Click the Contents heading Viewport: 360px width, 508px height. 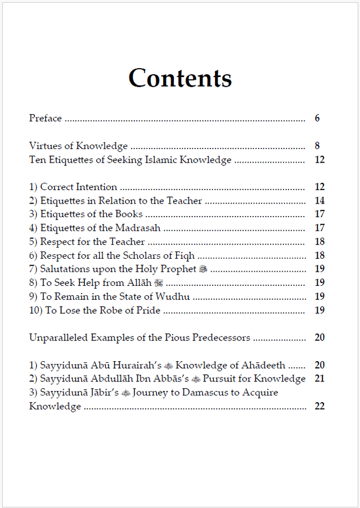180,78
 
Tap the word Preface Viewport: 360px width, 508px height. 46,118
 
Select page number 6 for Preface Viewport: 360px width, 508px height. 317,118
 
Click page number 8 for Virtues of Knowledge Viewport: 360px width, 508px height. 317,146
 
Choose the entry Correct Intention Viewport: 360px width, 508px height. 78,187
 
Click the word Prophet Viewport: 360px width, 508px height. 179,269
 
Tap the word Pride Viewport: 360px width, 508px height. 148,310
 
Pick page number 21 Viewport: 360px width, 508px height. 319,379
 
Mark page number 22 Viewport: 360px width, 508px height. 319,406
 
